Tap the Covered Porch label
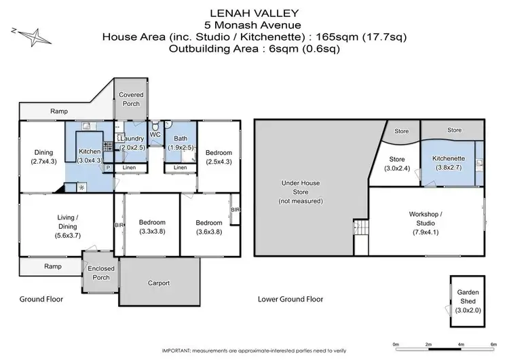(131, 99)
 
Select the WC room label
(155, 134)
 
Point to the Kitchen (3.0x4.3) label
(90, 156)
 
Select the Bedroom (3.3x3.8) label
(152, 227)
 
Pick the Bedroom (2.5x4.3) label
(219, 157)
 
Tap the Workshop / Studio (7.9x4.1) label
(426, 223)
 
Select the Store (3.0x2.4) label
(397, 164)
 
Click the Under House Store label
(301, 192)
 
